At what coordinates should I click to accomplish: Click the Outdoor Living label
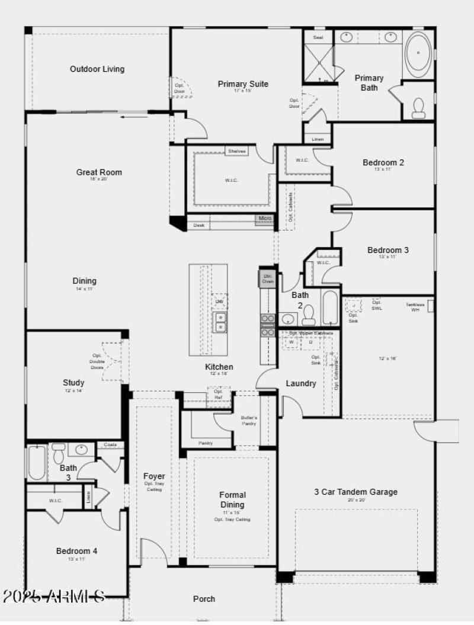(97, 69)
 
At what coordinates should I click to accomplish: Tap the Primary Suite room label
(243, 84)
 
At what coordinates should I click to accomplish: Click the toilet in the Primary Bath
(419, 107)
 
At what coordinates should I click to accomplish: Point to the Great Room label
(99, 172)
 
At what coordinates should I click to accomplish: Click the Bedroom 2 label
(383, 162)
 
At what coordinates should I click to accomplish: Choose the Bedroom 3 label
(387, 250)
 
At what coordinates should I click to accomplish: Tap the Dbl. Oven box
(267, 279)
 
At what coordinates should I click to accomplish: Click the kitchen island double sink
(220, 323)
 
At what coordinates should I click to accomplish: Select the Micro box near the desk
(265, 219)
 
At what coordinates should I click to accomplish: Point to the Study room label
(73, 383)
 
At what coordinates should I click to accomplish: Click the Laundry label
(301, 383)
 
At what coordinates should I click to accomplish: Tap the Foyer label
(154, 476)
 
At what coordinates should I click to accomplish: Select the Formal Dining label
(232, 499)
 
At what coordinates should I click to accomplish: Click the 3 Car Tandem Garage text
(355, 492)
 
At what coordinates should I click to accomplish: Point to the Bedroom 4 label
(76, 551)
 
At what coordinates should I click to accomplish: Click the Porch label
(204, 599)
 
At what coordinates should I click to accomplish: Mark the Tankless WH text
(415, 306)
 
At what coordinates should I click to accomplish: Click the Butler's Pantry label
(249, 421)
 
